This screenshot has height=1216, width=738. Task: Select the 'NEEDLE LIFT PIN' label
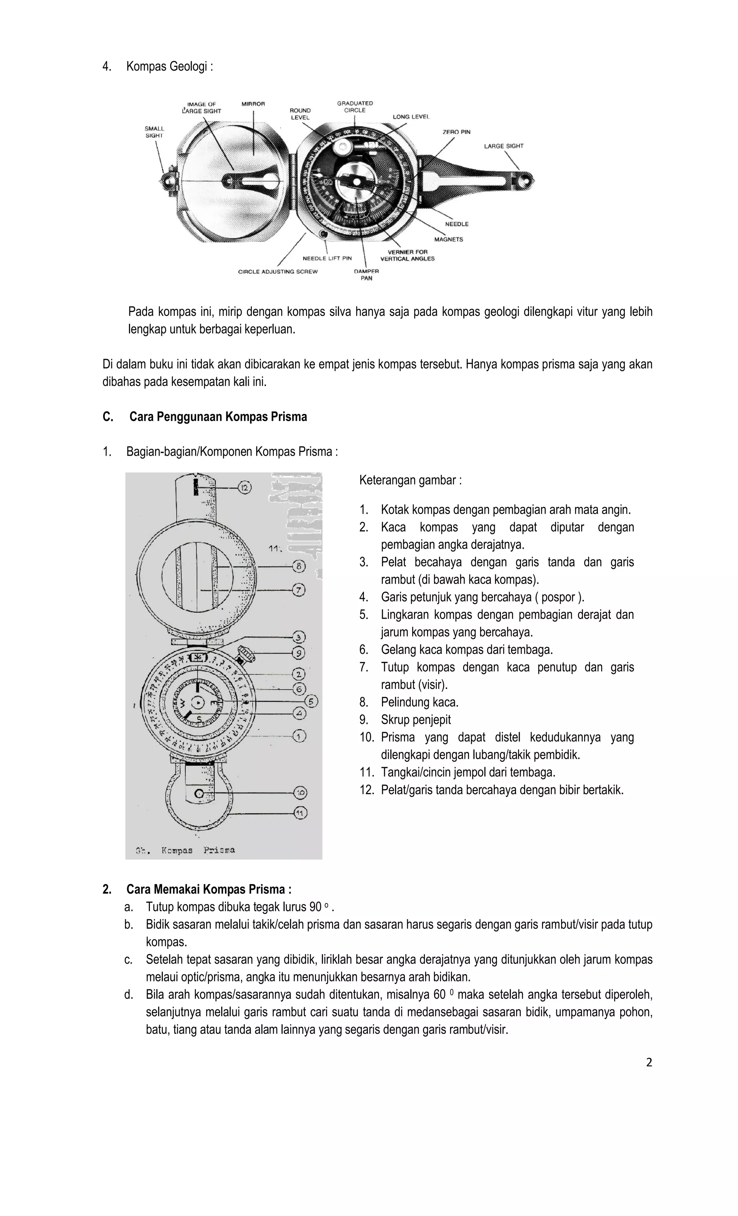click(x=327, y=258)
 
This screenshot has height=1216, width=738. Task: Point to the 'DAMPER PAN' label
click(x=366, y=275)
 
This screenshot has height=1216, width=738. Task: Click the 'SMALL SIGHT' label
click(x=154, y=132)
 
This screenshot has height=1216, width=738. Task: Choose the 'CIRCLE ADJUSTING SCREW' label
click(x=278, y=271)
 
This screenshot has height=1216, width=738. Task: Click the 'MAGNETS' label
click(x=448, y=239)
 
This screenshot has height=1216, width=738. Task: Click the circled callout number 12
click(x=245, y=487)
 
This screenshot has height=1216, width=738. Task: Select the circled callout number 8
click(x=299, y=566)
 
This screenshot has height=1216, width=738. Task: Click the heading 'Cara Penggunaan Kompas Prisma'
click(x=218, y=417)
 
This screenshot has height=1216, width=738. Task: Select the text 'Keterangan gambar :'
click(x=410, y=480)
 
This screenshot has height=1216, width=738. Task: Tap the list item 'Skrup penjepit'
click(x=415, y=720)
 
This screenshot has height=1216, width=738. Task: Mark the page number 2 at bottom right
click(x=649, y=1062)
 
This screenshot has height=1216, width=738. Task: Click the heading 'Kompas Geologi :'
click(x=170, y=66)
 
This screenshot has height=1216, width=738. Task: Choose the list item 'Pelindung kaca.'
click(x=419, y=702)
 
